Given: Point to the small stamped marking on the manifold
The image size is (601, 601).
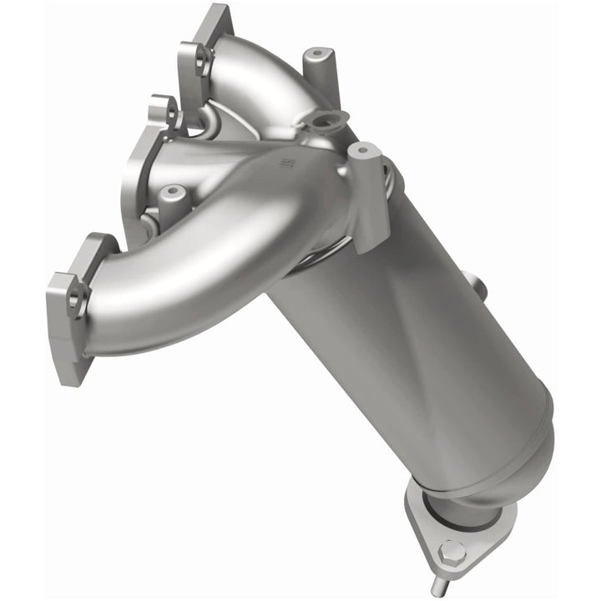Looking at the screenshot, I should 288,161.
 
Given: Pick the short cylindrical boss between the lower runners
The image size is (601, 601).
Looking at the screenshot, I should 171,196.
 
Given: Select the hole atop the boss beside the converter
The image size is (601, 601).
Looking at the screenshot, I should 362,151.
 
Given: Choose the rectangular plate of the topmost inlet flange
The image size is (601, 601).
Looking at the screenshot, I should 205,33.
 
